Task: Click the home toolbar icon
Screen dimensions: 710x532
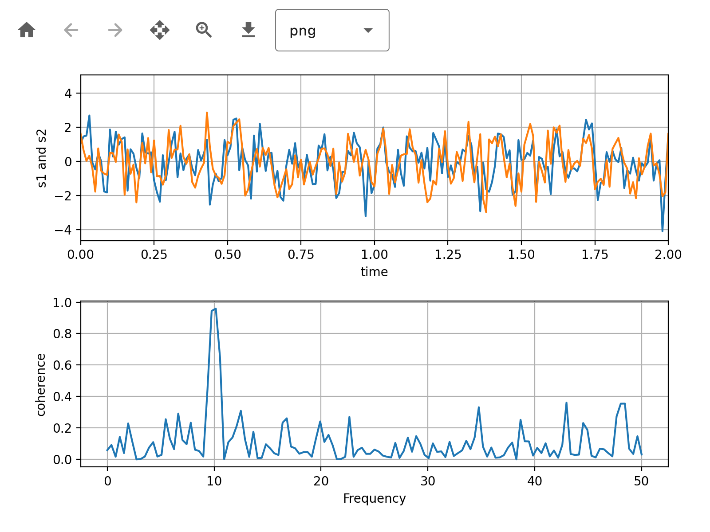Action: tap(27, 30)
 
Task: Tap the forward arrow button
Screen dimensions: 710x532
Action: tap(115, 30)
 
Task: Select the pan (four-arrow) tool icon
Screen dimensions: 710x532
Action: tap(160, 30)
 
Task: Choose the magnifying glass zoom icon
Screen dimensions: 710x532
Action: tap(204, 30)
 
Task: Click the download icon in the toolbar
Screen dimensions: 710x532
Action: tap(248, 30)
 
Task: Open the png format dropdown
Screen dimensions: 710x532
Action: tap(332, 30)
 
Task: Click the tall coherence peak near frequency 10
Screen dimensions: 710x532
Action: tap(215, 309)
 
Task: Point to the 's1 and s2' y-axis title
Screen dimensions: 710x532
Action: tap(42, 158)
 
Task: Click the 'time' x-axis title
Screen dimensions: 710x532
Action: tap(374, 272)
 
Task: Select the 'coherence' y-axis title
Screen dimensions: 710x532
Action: tap(41, 385)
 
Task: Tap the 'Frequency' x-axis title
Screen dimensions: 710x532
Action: tap(374, 498)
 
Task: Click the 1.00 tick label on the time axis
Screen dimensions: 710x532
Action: tap(374, 255)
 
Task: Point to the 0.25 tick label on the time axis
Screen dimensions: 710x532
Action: tap(154, 255)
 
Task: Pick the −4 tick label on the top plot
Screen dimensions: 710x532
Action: tap(63, 230)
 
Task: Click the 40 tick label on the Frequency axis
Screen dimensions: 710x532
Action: tap(535, 481)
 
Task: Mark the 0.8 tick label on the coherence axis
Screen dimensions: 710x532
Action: tap(63, 334)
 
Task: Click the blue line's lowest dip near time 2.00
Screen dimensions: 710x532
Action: tap(663, 231)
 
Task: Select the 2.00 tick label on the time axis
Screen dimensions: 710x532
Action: tap(668, 255)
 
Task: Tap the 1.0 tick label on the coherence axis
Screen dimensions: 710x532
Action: tap(63, 303)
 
